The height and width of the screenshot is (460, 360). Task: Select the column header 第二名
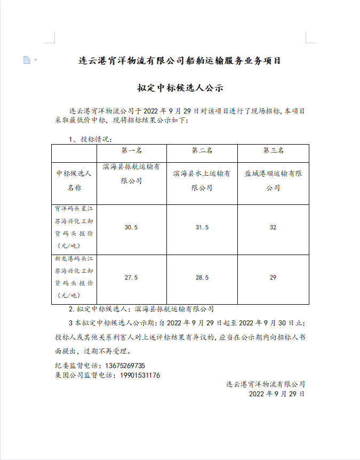(202, 151)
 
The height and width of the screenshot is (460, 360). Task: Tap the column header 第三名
(273, 151)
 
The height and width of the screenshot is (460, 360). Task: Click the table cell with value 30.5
(131, 227)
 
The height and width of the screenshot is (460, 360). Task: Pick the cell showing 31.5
(202, 227)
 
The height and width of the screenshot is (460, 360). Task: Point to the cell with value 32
(273, 227)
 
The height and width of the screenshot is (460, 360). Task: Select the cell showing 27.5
(131, 277)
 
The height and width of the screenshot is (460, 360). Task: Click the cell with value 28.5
(202, 277)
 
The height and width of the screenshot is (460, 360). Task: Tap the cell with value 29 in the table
(273, 277)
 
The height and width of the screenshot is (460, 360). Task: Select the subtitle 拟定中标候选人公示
(180, 88)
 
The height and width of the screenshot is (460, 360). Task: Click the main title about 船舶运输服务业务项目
(180, 61)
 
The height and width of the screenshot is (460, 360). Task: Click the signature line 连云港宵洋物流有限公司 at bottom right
(265, 384)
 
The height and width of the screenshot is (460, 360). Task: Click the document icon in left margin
(27, 60)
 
